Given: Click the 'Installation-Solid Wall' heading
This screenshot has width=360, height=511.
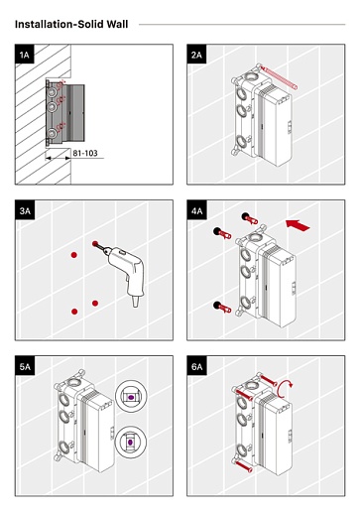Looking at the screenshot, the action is (71, 24).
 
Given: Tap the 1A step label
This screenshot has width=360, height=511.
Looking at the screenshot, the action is (25, 55).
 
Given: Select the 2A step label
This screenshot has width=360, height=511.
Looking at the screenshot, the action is (196, 55).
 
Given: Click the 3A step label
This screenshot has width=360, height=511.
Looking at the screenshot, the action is (25, 210).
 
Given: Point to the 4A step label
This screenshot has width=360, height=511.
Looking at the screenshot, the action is (197, 210).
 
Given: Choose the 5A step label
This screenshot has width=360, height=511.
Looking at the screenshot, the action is (25, 366).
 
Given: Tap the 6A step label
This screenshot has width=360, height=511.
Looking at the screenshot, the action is (197, 366).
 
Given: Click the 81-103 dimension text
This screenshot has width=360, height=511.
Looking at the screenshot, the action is (85, 153).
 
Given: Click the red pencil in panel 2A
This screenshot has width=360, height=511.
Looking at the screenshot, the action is (279, 78).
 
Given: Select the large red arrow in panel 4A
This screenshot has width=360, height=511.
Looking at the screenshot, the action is (298, 225).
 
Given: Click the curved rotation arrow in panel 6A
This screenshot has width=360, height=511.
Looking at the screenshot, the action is (285, 389).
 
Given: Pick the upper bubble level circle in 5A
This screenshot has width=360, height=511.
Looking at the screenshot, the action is (131, 396).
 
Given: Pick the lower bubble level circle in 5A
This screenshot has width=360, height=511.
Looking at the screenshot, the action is (131, 442).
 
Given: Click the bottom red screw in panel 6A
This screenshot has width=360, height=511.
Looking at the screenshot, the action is (244, 465).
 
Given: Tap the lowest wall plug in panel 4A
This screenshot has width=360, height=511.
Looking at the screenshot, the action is (222, 307).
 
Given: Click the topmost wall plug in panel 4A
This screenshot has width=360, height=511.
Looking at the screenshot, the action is (250, 218).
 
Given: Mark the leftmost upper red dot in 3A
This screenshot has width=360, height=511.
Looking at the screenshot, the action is (74, 255).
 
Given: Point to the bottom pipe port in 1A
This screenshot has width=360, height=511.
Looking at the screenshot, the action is (52, 133).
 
